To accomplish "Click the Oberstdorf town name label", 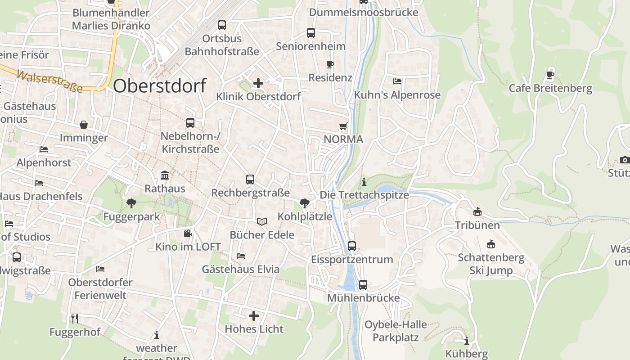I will (160, 85).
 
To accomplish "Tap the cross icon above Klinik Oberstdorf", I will (258, 83).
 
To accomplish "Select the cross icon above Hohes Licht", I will (254, 316).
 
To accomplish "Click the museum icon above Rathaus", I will (165, 175).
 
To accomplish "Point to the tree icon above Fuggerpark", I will (131, 203).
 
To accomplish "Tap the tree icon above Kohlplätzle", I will (305, 203).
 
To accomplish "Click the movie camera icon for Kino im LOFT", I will (188, 233).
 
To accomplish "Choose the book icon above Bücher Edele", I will (262, 221).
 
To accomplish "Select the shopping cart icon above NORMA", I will (343, 126).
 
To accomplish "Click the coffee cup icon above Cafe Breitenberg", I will (550, 75).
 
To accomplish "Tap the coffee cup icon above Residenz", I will (330, 64).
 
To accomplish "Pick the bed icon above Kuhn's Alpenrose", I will (397, 81).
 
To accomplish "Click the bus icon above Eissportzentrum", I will (352, 246).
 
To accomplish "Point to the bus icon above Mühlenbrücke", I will (363, 284).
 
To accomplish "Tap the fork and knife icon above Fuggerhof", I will (75, 319).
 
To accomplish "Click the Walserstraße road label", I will (49, 81).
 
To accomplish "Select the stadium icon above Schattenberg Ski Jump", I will (491, 244).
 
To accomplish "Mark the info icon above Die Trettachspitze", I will (364, 182).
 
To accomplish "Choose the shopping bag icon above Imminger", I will (84, 124).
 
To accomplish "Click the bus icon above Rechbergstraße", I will (250, 180).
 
